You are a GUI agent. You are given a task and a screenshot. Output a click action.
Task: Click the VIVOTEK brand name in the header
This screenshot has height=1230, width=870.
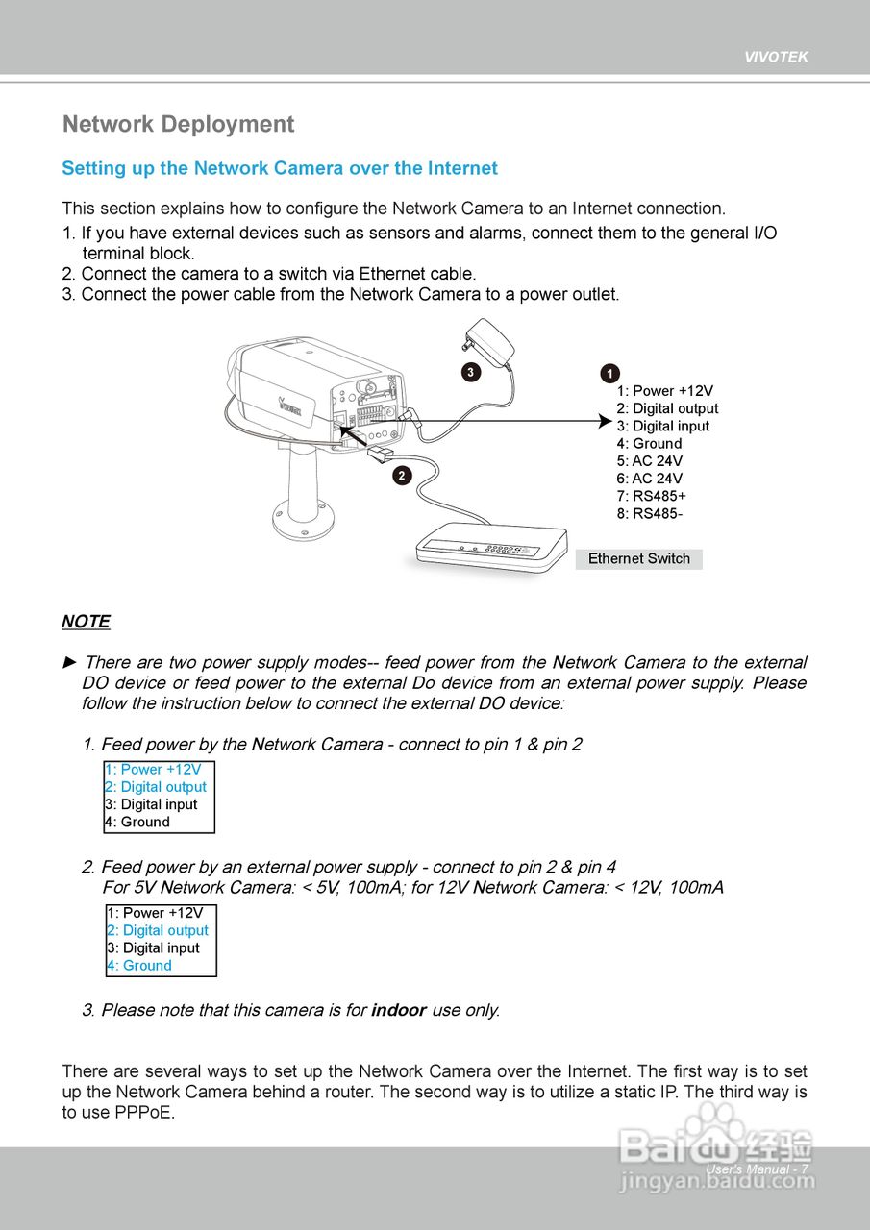776,57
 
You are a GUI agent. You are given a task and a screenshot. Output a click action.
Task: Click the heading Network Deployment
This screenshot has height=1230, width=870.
178,125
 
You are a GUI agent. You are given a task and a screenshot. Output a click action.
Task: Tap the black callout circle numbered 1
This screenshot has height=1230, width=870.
609,373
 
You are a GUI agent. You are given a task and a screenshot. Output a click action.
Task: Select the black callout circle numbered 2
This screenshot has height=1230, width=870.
401,474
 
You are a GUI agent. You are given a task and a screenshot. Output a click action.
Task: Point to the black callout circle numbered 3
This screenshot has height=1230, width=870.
469,372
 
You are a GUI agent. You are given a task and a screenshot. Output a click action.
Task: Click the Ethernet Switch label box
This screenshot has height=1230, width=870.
638,559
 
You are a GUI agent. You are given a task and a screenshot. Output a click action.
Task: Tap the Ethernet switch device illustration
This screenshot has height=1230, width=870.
490,551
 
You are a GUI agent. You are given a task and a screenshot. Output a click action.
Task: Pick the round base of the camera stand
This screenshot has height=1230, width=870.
302,518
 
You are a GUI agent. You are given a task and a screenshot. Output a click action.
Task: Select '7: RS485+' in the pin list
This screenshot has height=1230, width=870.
651,496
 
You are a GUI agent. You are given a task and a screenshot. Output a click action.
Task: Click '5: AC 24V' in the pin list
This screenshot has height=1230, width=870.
649,461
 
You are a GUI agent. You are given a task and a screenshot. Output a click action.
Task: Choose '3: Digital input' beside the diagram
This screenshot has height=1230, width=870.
662,427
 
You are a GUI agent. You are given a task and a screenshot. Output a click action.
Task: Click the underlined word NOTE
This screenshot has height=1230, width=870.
86,622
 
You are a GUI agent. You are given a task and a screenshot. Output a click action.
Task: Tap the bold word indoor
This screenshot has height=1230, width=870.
398,1010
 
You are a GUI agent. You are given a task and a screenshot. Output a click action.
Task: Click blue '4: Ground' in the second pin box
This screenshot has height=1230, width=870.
139,966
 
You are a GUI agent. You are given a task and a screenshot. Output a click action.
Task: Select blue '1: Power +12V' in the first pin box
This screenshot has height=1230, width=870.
153,770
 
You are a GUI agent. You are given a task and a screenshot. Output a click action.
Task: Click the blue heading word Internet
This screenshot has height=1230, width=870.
462,169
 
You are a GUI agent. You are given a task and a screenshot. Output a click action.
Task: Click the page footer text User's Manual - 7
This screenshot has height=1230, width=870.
757,1169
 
